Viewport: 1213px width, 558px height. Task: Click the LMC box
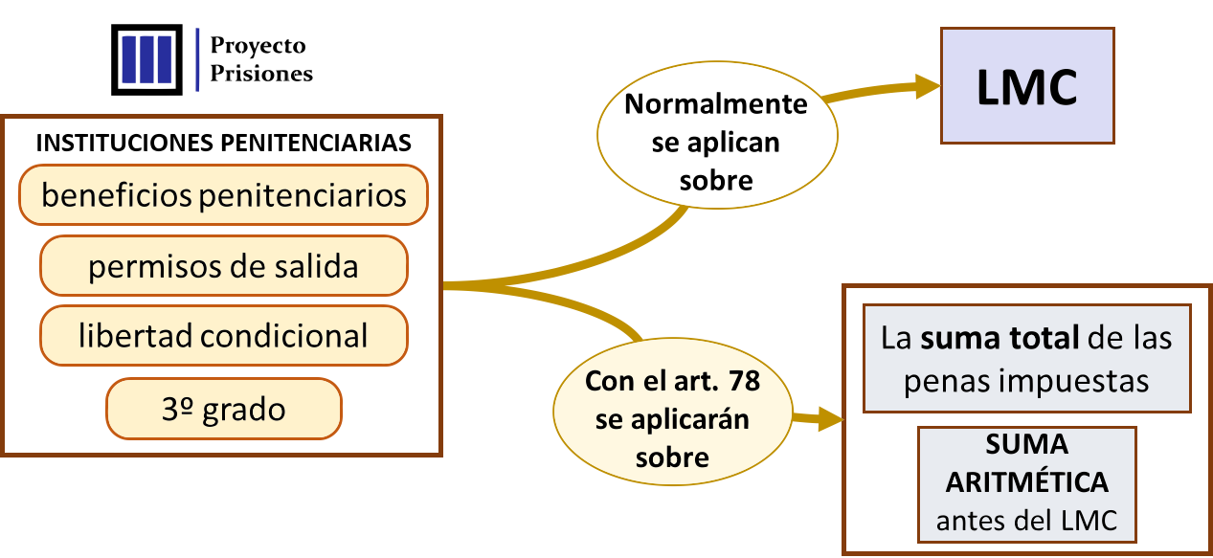point(1026,86)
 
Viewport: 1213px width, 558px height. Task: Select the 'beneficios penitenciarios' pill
point(223,195)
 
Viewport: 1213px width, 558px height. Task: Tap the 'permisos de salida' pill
point(223,265)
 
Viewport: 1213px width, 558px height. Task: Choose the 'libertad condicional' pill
point(223,335)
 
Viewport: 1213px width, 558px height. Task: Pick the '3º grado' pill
point(223,409)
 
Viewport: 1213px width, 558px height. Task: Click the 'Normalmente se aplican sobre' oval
point(716,142)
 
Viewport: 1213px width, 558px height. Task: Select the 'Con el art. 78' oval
point(672,419)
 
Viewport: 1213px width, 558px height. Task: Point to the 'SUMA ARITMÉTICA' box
point(1026,484)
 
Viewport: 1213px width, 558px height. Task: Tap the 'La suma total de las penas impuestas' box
point(1026,358)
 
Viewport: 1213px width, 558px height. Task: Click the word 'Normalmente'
point(716,104)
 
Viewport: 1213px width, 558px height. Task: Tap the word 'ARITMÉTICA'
point(1026,481)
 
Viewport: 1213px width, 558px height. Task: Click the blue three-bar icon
point(146,59)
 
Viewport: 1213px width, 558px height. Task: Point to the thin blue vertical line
point(197,59)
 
